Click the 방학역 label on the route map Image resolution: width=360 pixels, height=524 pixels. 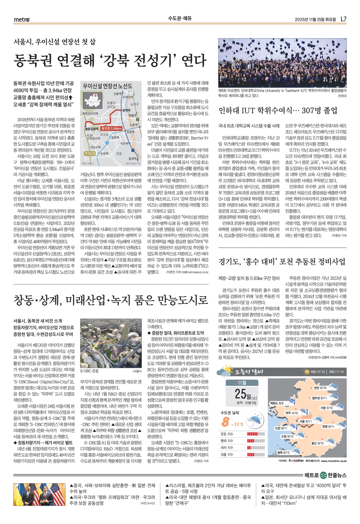click(126, 110)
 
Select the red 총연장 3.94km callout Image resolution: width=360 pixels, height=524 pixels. click(111, 128)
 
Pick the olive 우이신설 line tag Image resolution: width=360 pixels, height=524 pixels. click(90, 153)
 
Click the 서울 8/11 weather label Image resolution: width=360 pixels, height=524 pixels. click(306, 421)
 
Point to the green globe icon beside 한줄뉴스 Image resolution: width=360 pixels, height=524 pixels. click(323, 475)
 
